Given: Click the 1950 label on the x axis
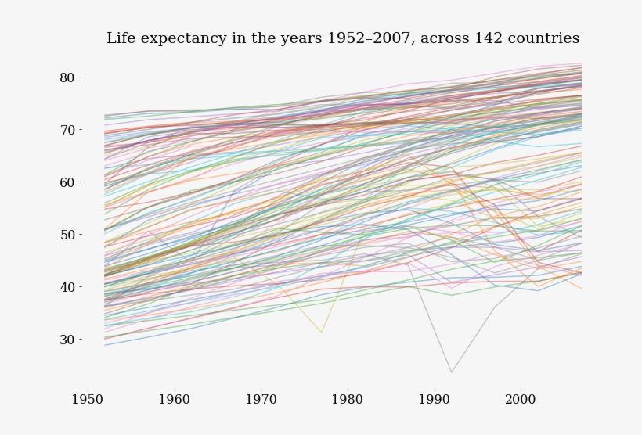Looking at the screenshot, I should pyautogui.click(x=88, y=399).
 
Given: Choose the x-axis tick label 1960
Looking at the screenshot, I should pyautogui.click(x=174, y=399).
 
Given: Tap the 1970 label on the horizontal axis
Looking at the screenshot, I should pyautogui.click(x=261, y=399).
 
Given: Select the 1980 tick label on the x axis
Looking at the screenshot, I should pyautogui.click(x=347, y=399).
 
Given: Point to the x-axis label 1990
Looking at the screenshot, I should pyautogui.click(x=434, y=399).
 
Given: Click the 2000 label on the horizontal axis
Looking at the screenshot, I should pyautogui.click(x=520, y=399).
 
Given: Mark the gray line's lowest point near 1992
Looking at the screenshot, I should pyautogui.click(x=451, y=372).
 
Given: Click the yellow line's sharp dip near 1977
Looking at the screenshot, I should pyautogui.click(x=321, y=333).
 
